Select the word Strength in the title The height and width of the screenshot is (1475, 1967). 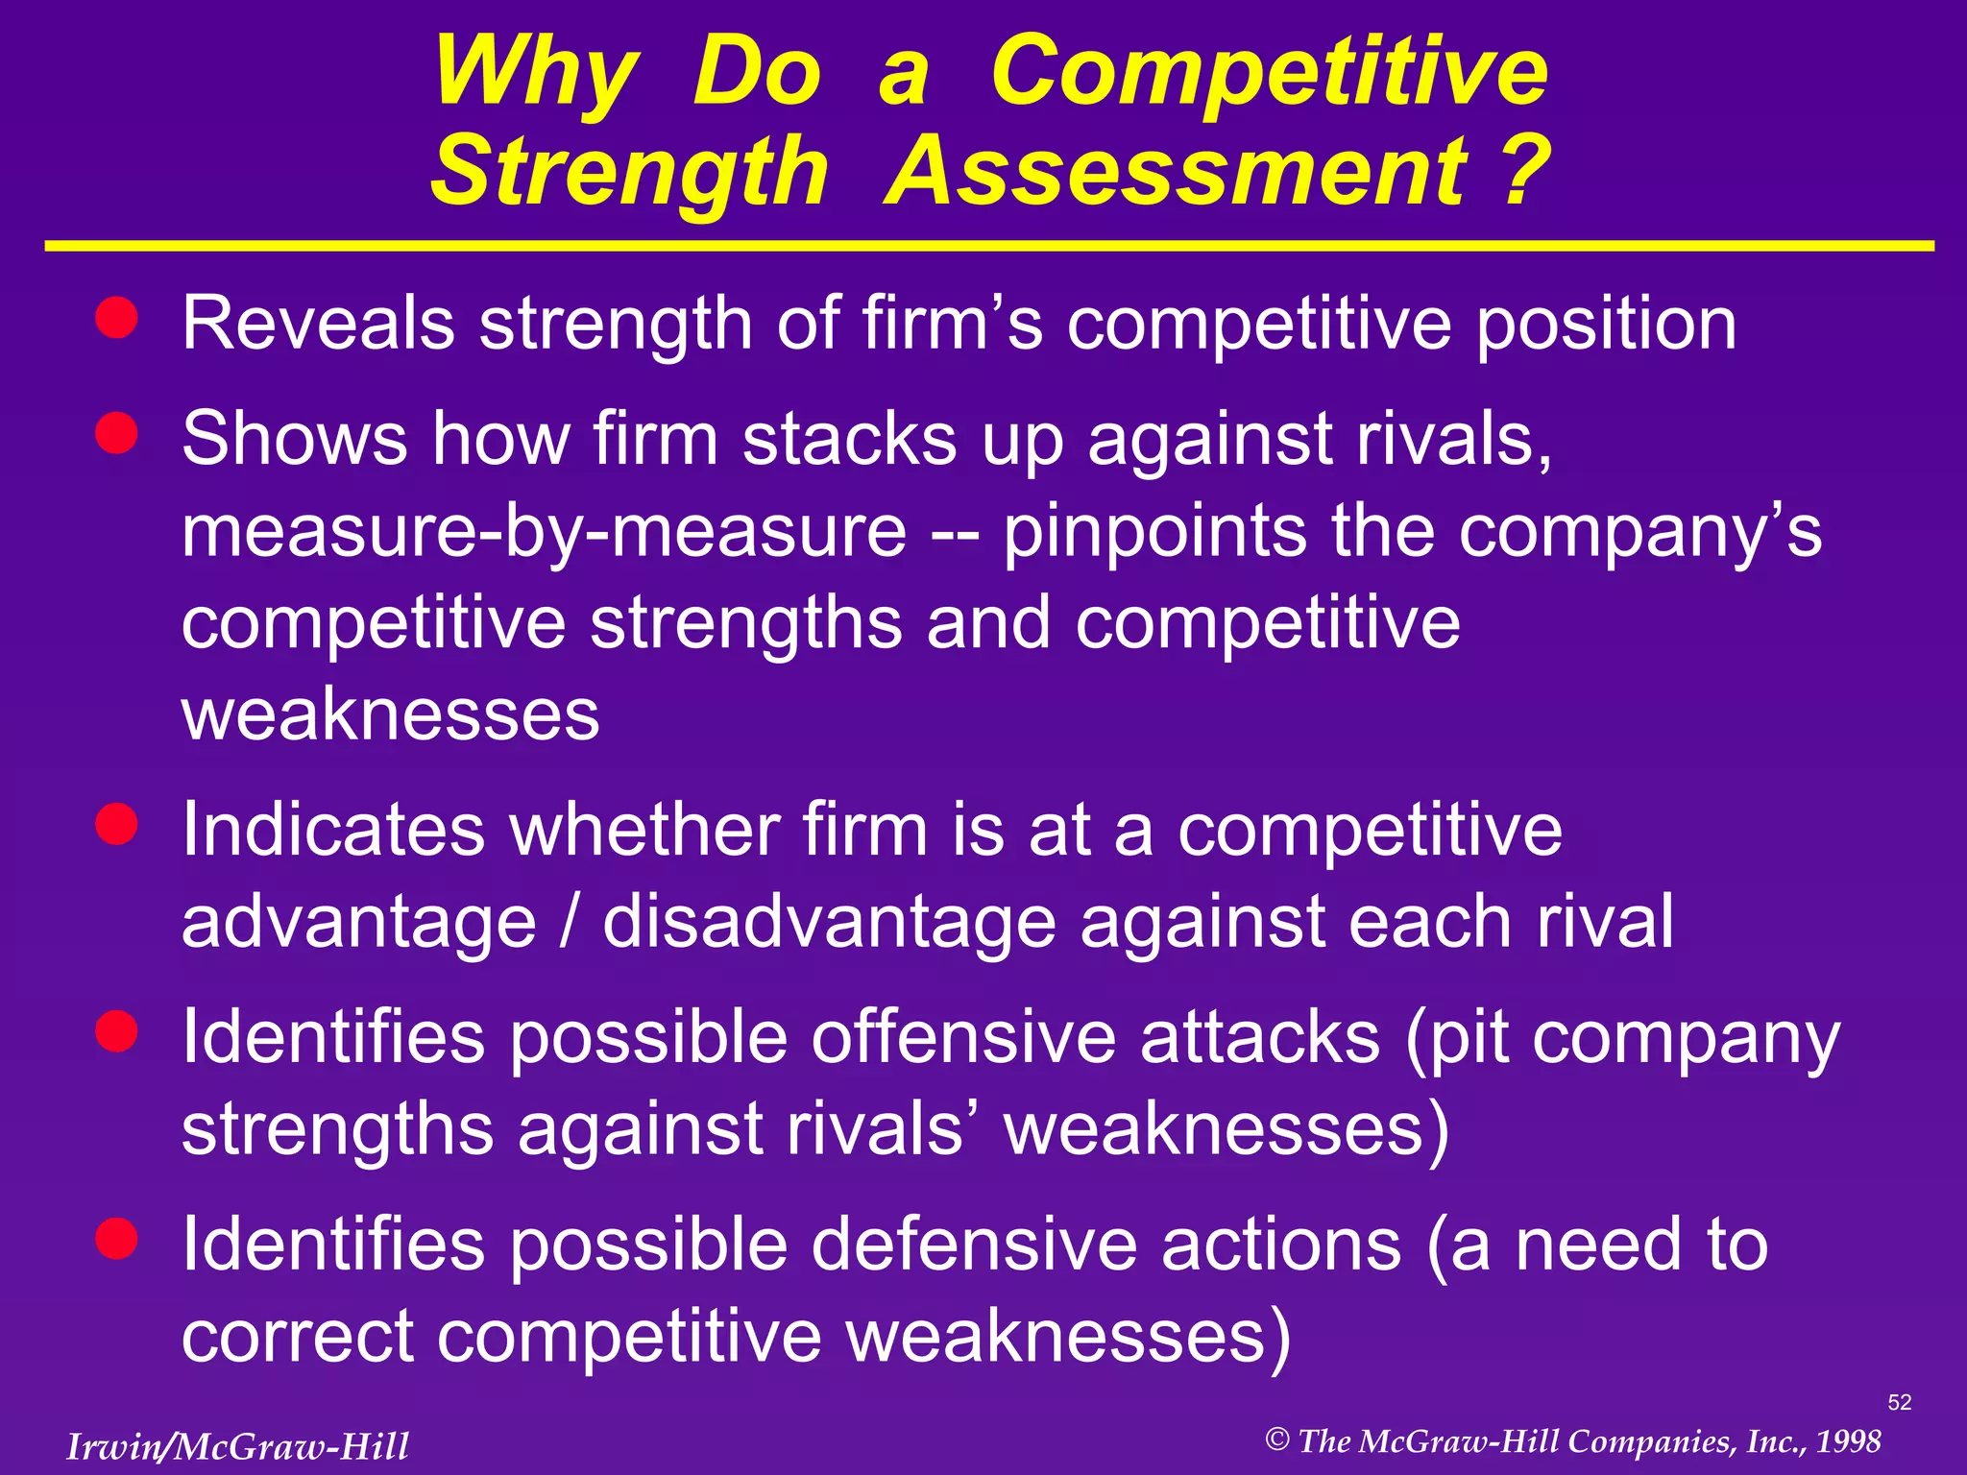click(x=628, y=173)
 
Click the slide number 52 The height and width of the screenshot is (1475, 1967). click(x=1899, y=1402)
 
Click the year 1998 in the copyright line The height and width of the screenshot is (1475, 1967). click(x=1849, y=1441)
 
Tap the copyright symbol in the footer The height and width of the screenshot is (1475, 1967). click(x=1276, y=1439)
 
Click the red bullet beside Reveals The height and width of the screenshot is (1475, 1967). click(x=117, y=317)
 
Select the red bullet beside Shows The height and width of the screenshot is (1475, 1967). click(x=117, y=432)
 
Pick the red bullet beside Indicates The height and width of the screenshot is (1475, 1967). click(x=117, y=824)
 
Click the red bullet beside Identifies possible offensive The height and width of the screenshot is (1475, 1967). click(x=117, y=1031)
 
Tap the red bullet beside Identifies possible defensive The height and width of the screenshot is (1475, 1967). click(x=117, y=1238)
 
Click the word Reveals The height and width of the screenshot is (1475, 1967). click(x=318, y=325)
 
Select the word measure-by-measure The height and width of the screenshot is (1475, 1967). click(x=543, y=532)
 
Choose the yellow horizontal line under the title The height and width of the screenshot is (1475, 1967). click(x=989, y=247)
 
